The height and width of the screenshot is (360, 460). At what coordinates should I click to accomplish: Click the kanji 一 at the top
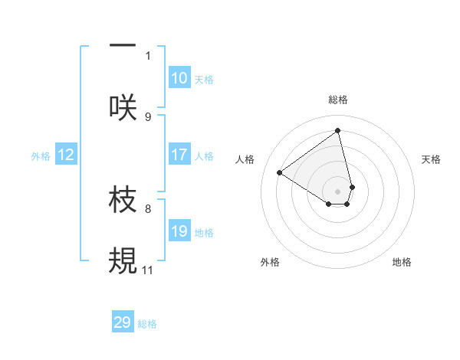click(123, 47)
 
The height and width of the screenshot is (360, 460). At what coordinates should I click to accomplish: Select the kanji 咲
click(123, 107)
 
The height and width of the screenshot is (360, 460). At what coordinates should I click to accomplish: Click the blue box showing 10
click(179, 78)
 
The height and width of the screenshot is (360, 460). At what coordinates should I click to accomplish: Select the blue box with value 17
click(179, 155)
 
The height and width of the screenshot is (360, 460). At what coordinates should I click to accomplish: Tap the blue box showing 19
click(179, 231)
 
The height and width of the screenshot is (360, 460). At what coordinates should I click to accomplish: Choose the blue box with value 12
click(66, 155)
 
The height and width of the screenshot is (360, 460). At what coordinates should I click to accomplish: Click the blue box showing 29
click(123, 322)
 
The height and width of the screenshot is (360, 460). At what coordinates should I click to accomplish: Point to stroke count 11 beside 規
click(147, 270)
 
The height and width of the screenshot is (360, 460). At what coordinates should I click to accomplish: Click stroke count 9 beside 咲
click(148, 116)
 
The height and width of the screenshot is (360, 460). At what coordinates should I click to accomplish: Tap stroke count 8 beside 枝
click(148, 208)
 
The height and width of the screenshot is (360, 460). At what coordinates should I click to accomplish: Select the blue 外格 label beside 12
click(41, 156)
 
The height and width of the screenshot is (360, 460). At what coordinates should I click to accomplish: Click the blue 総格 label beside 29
click(147, 324)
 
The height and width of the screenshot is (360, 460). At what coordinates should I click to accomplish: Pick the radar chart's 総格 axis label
click(337, 100)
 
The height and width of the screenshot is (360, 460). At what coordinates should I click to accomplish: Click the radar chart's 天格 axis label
click(431, 159)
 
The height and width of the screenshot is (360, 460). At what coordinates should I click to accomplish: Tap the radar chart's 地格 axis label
click(402, 262)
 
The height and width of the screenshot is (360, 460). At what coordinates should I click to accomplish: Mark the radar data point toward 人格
click(279, 172)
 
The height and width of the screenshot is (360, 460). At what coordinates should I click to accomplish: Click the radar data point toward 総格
click(337, 129)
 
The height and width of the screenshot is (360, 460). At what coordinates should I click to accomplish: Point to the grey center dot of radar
click(337, 191)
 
